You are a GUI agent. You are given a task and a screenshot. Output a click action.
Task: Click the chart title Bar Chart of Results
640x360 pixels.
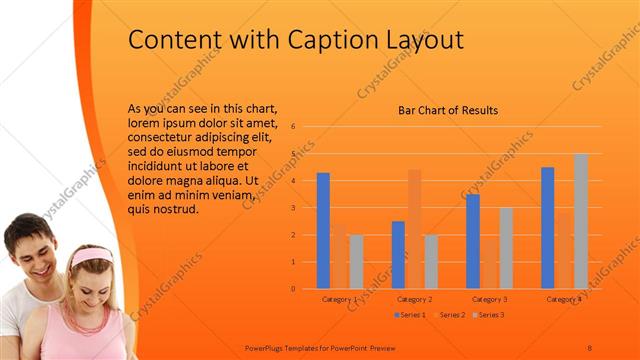tap(448, 111)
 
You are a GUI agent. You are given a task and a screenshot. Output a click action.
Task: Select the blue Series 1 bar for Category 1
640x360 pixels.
tap(323, 230)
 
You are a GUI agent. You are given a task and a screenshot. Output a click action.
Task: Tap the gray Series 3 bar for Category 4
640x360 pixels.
tap(581, 221)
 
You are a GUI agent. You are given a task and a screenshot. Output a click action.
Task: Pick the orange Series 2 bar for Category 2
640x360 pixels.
tap(414, 229)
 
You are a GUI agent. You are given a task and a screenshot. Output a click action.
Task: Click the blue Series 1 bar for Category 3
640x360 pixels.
tap(473, 241)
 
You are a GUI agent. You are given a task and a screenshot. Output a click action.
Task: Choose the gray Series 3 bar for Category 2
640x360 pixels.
tap(431, 261)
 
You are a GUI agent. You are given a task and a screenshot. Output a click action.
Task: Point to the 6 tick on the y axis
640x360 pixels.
tap(293, 127)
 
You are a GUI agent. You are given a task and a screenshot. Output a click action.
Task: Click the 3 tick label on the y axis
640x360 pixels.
tap(293, 208)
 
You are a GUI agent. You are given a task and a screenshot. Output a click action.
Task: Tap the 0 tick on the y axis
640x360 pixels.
tap(293, 289)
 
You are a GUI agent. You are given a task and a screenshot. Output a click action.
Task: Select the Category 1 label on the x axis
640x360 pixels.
tap(340, 299)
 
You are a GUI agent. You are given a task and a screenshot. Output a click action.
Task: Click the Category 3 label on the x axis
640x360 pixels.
tap(490, 299)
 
